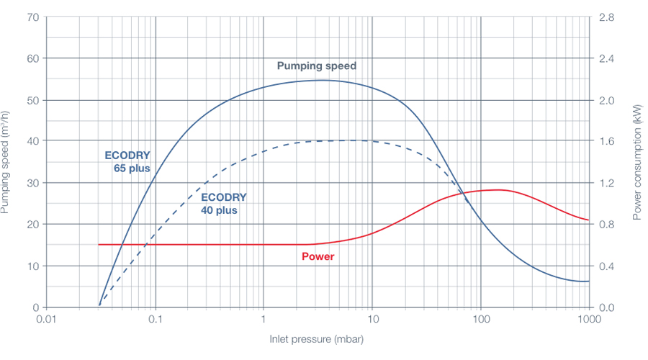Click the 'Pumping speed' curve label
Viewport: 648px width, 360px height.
pos(317,66)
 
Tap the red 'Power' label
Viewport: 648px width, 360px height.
pos(317,256)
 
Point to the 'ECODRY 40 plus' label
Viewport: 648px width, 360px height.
pos(224,204)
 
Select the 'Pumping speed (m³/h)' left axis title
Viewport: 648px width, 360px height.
pos(6,162)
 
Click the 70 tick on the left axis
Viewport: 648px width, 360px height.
pos(32,17)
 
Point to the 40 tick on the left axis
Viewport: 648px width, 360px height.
pos(32,141)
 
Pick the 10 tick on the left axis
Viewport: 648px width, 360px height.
pos(32,266)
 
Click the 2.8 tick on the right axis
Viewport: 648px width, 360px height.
pos(607,17)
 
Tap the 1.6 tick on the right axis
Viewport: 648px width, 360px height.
pos(607,141)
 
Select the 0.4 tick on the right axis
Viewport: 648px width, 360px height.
pos(607,266)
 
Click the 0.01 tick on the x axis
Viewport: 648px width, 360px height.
pos(48,318)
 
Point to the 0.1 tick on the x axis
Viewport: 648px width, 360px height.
pos(156,318)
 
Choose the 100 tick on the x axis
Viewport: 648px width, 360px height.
pos(481,318)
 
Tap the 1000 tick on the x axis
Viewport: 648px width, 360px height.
pos(589,318)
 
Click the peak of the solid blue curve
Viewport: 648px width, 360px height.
pos(320,80)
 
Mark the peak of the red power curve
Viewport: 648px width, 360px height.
pos(497,189)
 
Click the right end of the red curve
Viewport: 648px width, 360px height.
pos(588,220)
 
